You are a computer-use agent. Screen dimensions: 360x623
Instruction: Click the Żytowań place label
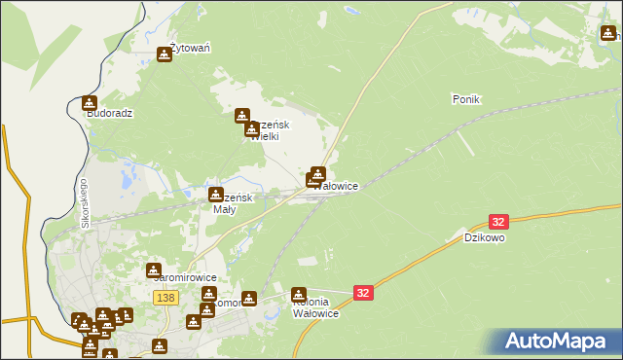[x=191, y=47]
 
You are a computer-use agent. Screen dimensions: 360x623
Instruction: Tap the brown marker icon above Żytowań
[x=165, y=55]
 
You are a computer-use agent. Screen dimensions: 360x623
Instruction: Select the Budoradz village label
[x=109, y=113]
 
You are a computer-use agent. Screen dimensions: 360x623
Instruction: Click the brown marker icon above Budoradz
[x=90, y=102]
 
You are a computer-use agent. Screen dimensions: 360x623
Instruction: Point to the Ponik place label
[x=467, y=99]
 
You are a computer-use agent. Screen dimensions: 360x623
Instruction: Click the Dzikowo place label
[x=484, y=236]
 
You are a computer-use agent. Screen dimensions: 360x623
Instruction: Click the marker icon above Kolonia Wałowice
[x=299, y=294]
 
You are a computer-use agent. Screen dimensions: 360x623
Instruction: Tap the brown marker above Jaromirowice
[x=154, y=270]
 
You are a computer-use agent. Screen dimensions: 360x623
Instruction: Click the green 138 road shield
[x=165, y=297]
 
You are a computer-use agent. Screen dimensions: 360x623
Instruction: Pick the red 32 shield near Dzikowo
[x=499, y=223]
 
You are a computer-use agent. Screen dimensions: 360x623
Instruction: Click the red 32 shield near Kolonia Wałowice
[x=363, y=292]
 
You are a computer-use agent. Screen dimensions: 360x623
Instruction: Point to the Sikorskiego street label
[x=85, y=204]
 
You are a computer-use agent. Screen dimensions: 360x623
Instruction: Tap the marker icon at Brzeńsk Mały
[x=216, y=195]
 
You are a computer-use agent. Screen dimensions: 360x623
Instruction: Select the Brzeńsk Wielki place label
[x=267, y=131]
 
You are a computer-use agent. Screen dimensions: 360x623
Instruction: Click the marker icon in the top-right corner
[x=608, y=34]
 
